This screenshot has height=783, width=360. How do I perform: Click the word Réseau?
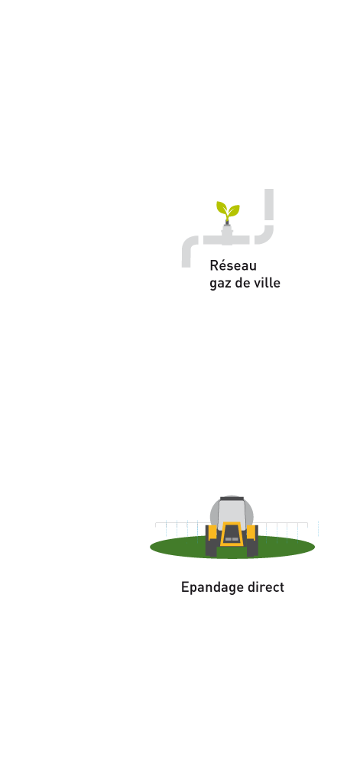pos(233,265)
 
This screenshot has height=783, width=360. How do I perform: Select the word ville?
pos(267,283)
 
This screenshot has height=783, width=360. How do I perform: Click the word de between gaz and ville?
pos(242,283)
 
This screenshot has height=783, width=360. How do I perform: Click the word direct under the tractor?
pos(266,586)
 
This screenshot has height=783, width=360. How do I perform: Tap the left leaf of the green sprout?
pos(222,207)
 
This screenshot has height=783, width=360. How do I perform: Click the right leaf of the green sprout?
pos(234,210)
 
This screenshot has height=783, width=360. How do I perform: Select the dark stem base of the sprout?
pos(227,221)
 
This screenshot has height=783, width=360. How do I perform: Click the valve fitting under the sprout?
pos(227,234)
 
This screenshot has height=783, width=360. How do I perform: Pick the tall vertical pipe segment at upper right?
pos(268,204)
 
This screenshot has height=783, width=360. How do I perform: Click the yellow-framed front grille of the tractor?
pos(232,534)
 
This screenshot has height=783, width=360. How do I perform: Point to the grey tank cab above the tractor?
pos(232,512)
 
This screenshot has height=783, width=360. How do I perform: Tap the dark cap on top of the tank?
pos(232,499)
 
